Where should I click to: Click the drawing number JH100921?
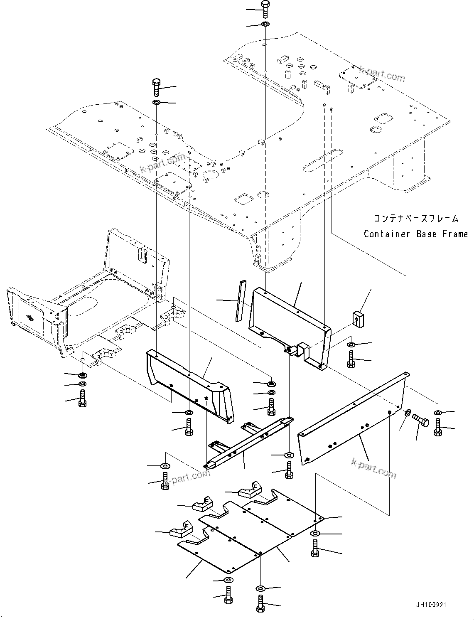click(429, 605)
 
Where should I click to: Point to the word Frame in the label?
click(454, 234)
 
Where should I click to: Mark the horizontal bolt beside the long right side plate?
click(421, 420)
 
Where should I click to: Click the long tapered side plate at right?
click(353, 420)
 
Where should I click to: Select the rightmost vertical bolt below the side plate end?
click(437, 427)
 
